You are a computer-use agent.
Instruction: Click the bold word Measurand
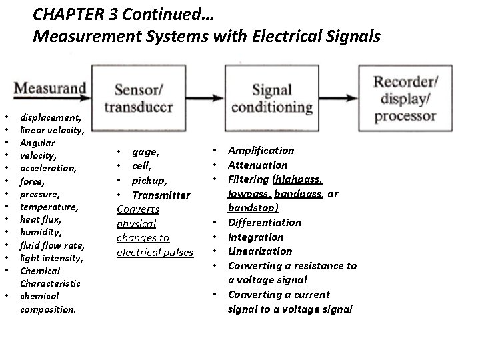coord(50,88)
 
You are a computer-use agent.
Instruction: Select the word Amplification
coord(261,151)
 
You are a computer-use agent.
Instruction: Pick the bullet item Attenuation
coord(257,165)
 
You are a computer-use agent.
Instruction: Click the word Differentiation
coord(265,222)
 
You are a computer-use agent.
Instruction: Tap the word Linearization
coord(260,251)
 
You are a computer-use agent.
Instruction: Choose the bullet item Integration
coord(255,237)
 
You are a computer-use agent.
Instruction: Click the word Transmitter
coord(161,195)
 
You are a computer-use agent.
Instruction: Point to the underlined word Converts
coord(138,209)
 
